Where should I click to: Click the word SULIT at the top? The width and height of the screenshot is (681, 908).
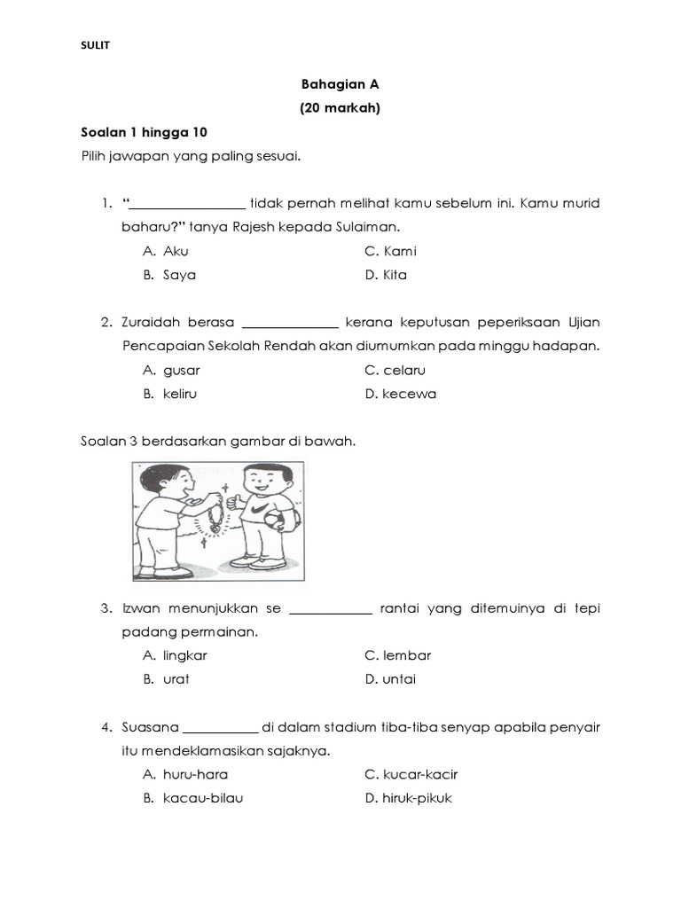coord(95,45)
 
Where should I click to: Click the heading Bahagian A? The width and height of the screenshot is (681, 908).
coord(340,85)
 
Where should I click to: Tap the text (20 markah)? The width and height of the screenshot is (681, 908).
coord(340,109)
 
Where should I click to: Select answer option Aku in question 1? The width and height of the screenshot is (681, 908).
coord(176,251)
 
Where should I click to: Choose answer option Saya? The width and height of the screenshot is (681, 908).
coord(179,275)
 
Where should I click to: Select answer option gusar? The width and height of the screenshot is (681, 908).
coord(182,370)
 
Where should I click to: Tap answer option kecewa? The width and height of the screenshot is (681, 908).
coord(409,394)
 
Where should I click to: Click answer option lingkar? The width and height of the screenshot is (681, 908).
coord(185,655)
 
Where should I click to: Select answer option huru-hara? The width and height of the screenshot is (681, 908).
coord(195,774)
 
